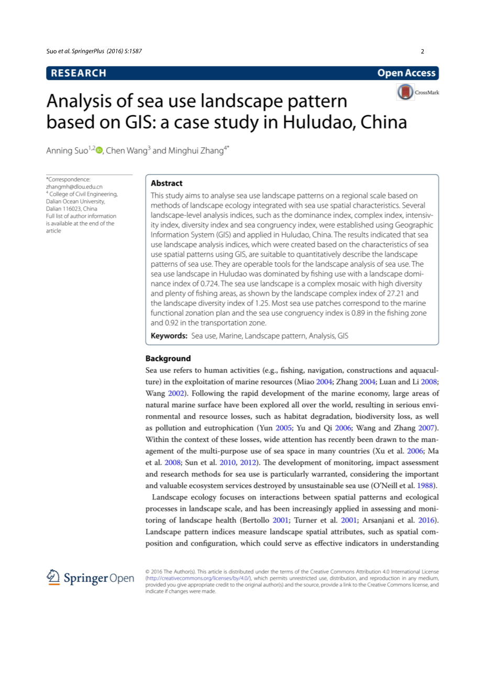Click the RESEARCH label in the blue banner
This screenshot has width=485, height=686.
tap(79, 73)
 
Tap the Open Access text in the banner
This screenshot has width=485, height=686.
tap(406, 73)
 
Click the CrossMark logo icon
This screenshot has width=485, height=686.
tap(405, 92)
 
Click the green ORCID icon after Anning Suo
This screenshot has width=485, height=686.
tap(99, 151)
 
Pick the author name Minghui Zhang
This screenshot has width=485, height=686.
tap(196, 151)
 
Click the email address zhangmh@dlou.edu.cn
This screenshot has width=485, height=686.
tap(74, 187)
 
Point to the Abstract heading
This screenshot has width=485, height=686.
tap(167, 183)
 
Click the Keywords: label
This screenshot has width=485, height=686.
tap(169, 336)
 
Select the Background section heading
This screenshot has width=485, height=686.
tap(168, 358)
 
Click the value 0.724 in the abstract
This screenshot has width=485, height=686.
tap(210, 284)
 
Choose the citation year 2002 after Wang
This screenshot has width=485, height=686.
tap(176, 394)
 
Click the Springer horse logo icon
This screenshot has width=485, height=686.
tap(53, 578)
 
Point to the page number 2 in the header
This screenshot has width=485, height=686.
tap(422, 51)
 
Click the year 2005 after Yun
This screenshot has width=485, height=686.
tap(283, 428)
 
